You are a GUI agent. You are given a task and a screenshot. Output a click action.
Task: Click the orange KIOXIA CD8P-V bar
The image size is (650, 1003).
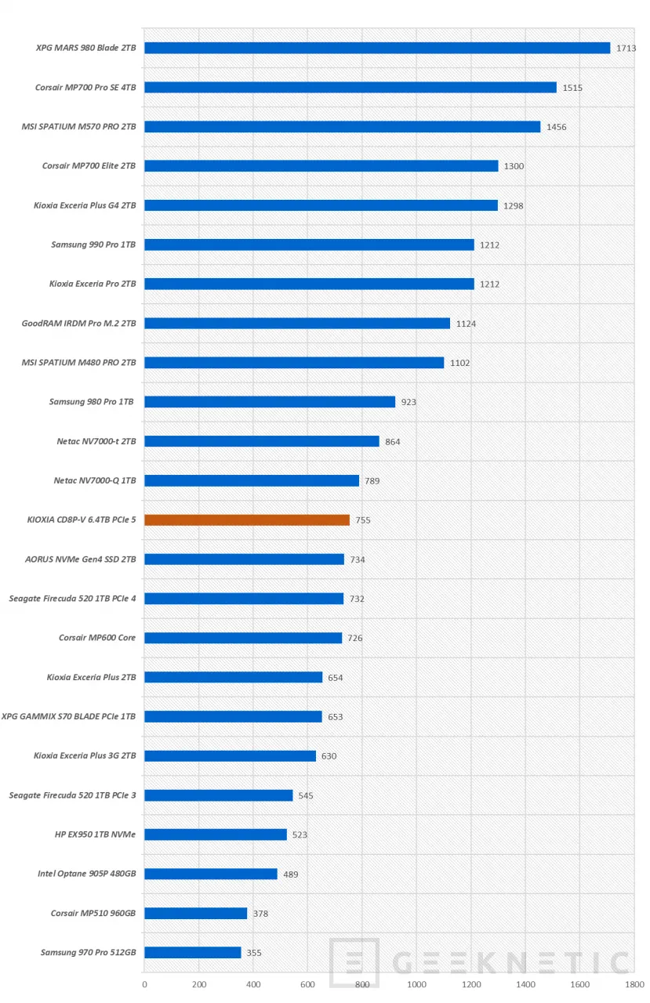coord(247,520)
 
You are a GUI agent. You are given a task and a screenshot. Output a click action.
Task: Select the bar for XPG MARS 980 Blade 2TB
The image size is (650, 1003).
coord(377,48)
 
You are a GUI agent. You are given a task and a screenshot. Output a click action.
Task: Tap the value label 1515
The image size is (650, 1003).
coord(572,88)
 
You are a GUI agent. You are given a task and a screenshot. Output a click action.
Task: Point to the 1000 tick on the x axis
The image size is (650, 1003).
coord(416,984)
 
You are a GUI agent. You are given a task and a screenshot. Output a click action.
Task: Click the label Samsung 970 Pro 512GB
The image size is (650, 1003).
coord(88,952)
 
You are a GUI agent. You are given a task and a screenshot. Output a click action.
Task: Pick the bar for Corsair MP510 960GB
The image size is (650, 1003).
coord(196,913)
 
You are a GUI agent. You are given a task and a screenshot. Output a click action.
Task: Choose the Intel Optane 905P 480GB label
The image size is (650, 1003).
coord(86,873)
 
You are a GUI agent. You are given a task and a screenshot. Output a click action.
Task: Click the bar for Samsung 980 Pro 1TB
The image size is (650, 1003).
coord(270,401)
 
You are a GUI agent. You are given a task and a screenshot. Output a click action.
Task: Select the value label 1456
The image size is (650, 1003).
coord(557,127)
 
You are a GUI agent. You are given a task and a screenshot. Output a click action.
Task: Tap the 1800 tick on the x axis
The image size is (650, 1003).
coord(634,984)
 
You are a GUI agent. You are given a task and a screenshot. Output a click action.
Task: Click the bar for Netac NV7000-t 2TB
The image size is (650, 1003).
coord(262,441)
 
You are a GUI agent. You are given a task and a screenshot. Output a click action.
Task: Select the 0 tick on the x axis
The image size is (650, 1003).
coord(145,984)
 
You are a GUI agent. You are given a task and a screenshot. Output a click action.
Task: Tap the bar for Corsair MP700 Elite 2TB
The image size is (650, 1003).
coord(321,165)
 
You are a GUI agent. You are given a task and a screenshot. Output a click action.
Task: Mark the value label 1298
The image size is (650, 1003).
coord(514,206)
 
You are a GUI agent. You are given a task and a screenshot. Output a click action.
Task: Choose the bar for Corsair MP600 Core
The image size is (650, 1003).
coord(243,638)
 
